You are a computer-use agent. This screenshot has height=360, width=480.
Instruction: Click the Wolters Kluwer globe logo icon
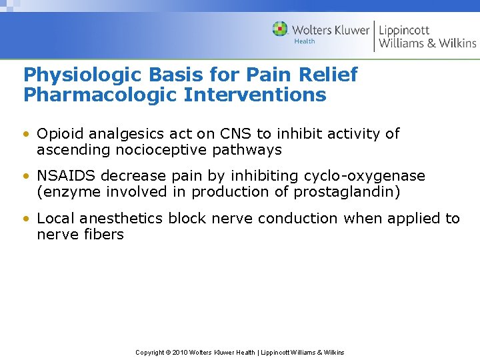pyautogui.click(x=280, y=29)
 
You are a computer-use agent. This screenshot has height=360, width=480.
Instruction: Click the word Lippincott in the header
pyautogui.click(x=404, y=29)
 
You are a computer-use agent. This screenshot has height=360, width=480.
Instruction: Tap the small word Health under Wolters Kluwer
pyautogui.click(x=304, y=41)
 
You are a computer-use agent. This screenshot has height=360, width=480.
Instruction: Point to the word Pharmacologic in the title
pyautogui.click(x=100, y=95)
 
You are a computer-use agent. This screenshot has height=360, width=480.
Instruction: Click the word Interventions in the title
pyautogui.click(x=255, y=95)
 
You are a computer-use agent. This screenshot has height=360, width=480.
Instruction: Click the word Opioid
pyautogui.click(x=59, y=133)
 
